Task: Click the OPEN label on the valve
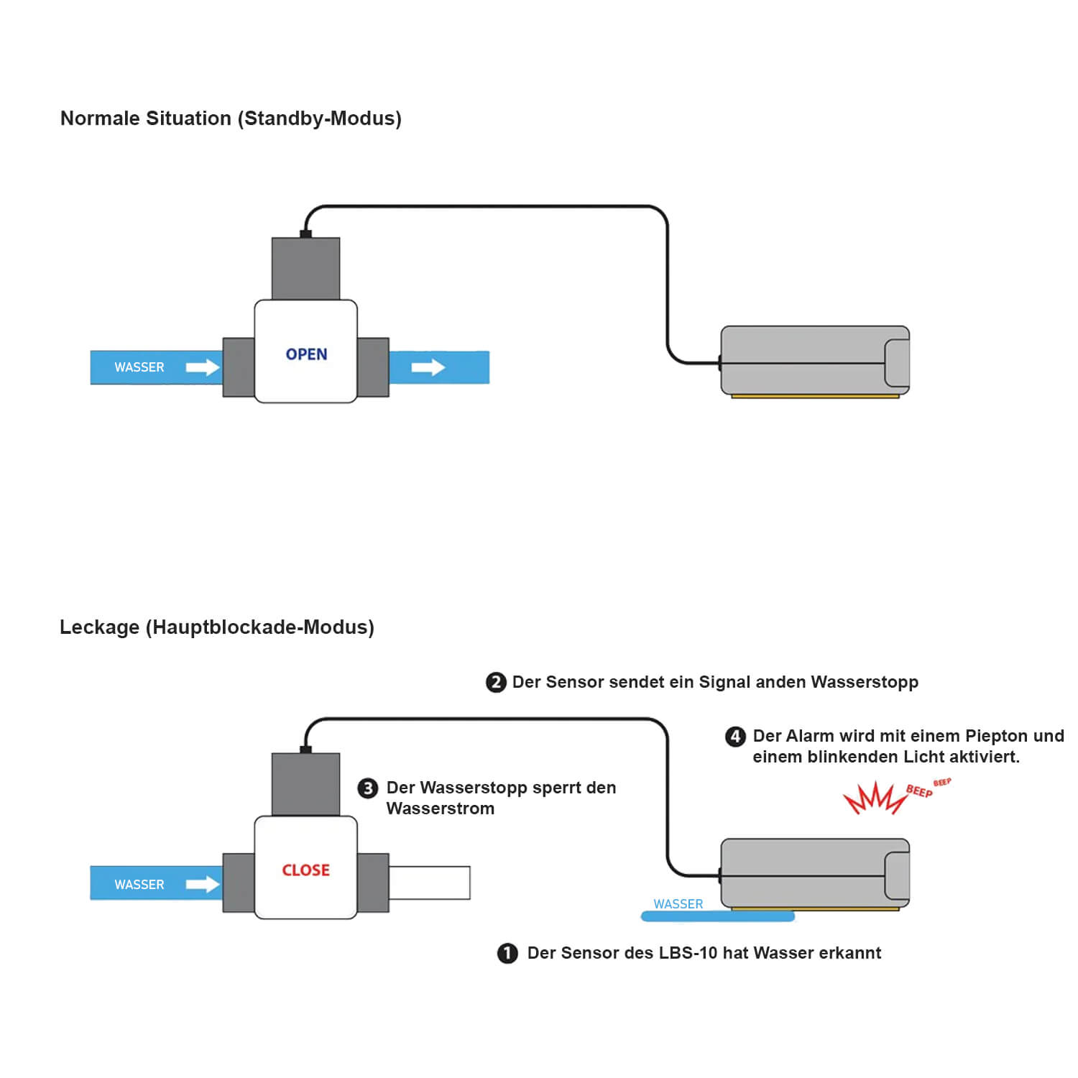pos(306,354)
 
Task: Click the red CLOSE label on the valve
pos(305,870)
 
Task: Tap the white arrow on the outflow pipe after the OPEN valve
pos(428,367)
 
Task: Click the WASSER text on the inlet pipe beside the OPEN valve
pos(139,367)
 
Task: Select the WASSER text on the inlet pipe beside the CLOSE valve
pos(139,885)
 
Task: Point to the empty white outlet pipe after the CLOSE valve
pos(430,883)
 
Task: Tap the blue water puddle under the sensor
pos(718,916)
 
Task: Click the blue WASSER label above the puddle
pos(678,904)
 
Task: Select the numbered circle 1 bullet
pos(507,954)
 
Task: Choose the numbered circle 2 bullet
pos(496,682)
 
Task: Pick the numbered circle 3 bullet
pos(368,788)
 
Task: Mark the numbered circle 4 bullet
pos(735,737)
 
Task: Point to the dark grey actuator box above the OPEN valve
pos(305,268)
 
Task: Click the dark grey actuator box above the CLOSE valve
pos(305,784)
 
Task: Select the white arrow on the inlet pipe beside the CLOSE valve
pos(203,884)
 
